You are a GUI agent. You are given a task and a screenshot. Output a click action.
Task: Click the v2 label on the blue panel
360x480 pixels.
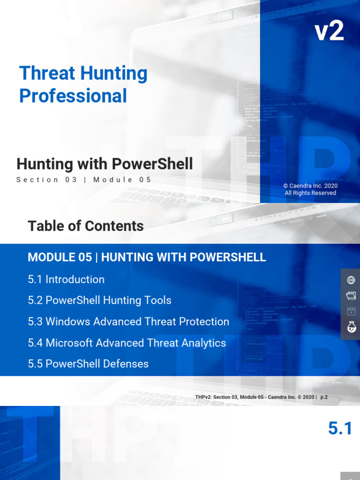329,31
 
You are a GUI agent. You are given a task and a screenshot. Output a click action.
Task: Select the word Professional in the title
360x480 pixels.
73,96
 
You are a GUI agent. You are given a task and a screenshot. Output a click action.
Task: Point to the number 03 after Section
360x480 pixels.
71,180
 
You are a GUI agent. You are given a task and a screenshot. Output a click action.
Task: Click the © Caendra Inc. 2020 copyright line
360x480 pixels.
310,186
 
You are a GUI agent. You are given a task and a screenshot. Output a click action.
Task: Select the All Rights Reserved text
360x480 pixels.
310,193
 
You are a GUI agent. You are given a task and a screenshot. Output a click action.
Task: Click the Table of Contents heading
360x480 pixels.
86,226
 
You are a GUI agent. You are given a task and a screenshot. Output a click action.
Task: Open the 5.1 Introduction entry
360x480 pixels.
66,279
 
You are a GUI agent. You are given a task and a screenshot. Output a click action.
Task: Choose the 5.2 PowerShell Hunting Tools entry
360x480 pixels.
99,300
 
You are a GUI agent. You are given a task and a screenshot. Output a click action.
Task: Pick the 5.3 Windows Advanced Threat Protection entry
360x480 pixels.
128,322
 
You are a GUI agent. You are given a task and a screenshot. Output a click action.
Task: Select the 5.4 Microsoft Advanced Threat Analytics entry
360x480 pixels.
127,343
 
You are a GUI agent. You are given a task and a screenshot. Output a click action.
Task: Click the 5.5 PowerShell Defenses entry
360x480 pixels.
88,364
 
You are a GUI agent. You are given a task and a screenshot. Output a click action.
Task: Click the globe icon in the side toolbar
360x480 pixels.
351,280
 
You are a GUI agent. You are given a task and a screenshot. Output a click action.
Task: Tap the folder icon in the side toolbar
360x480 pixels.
351,295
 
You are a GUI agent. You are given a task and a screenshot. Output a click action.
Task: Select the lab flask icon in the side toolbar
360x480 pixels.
351,327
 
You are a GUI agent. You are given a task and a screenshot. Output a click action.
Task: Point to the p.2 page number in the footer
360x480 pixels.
324,397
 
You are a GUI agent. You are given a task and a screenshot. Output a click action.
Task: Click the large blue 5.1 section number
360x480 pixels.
340,428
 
